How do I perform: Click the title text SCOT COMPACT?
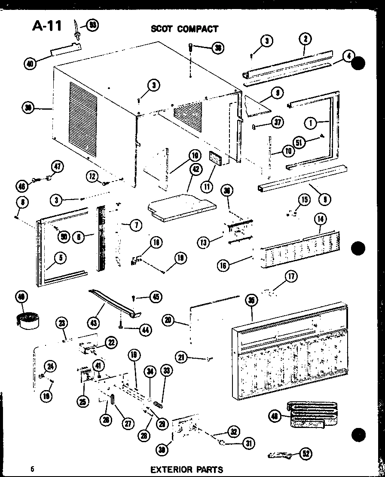click(x=184, y=29)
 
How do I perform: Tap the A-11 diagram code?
click(x=47, y=26)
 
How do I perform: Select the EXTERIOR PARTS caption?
click(x=186, y=469)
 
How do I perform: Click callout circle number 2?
click(x=305, y=40)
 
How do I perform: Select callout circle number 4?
click(x=348, y=56)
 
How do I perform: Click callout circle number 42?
click(x=196, y=169)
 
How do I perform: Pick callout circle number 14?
click(x=320, y=219)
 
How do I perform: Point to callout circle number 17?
click(x=291, y=277)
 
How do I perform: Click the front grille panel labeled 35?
click(x=292, y=353)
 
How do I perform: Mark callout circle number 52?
click(x=306, y=453)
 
